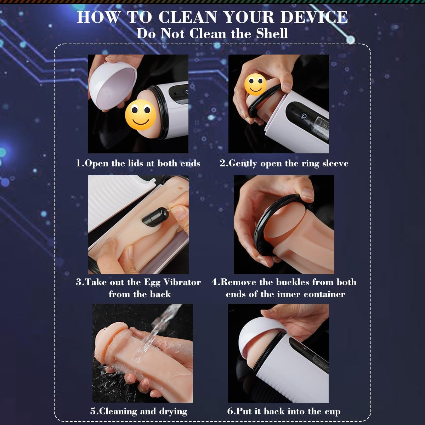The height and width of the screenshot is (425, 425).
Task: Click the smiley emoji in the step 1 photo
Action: click(141, 115)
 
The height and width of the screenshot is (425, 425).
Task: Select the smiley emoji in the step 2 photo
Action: click(255, 85)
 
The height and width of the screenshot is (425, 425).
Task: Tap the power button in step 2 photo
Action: click(305, 116)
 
